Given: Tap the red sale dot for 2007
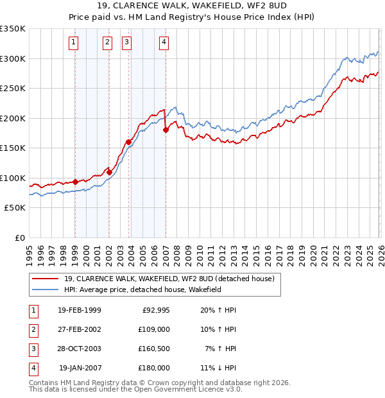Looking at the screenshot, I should [166, 130].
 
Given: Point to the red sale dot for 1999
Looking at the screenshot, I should [75, 182].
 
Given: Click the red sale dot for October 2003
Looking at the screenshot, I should [128, 142].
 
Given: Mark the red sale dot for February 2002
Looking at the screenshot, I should [109, 172].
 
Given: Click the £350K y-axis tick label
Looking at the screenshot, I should [13, 29].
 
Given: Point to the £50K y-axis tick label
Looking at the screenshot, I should [15, 208].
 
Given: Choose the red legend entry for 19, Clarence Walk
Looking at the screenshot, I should [169, 279].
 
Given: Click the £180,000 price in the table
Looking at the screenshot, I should [153, 368].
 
